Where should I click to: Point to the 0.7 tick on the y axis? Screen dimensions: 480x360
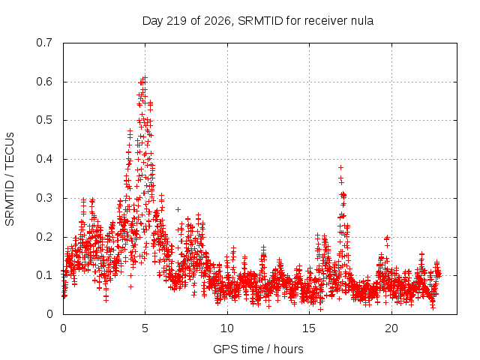(x=44, y=43)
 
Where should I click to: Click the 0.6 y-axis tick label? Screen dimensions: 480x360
(x=44, y=82)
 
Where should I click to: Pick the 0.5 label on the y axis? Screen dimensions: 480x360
(x=44, y=120)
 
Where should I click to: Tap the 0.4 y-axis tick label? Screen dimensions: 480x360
(x=44, y=159)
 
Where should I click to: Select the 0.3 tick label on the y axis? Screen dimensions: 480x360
(x=44, y=198)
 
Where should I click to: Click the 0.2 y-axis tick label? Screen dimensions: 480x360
(x=44, y=237)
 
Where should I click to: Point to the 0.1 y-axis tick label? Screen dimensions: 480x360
(x=44, y=275)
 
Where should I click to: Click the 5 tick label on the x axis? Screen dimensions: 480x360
(x=145, y=328)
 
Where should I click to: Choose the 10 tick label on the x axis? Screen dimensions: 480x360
(x=226, y=328)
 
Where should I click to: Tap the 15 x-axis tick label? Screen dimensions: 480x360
(x=309, y=328)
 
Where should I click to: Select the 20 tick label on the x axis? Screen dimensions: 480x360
(x=391, y=328)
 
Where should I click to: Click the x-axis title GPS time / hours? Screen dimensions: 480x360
(x=258, y=349)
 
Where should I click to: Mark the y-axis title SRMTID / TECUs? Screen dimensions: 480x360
(x=10, y=179)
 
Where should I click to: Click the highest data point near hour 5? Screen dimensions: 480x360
(x=145, y=78)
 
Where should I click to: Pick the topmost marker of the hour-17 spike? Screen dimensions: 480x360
(x=340, y=167)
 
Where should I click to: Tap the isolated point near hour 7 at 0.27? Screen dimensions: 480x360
(x=178, y=210)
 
